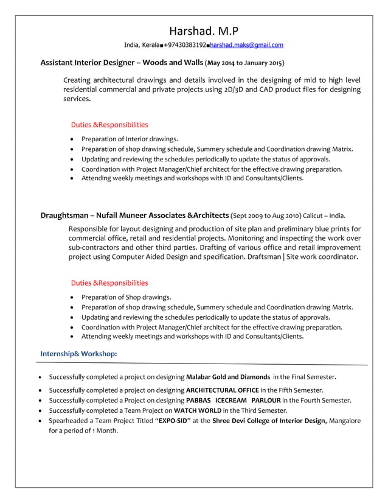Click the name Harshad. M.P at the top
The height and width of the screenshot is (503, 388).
point(203,31)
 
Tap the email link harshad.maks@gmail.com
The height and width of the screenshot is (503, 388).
point(246,45)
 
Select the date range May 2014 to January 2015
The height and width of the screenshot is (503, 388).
point(244,63)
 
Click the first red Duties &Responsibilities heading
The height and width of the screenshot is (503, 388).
point(109,125)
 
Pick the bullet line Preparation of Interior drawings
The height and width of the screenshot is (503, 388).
point(130,139)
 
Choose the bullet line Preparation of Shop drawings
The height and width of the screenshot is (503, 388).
point(126,297)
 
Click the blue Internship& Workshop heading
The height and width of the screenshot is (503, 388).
point(78,354)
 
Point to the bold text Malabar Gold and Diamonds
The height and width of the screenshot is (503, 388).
point(227,377)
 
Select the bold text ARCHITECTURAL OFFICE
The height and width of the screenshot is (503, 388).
point(222,390)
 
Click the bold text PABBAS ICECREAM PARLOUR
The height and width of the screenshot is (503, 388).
point(233,400)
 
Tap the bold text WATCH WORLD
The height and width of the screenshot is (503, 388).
point(197,410)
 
